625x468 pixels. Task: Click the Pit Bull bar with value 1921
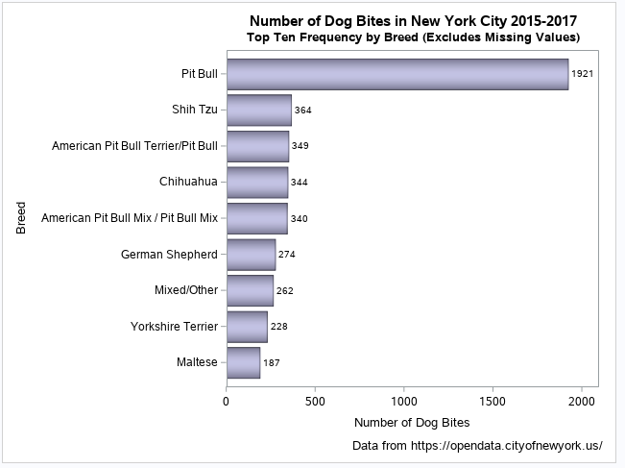[397, 74]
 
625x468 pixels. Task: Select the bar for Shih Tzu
[258, 111]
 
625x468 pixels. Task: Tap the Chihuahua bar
[256, 182]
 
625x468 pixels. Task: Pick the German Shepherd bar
[251, 255]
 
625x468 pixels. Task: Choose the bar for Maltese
[243, 363]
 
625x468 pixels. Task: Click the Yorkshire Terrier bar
[247, 327]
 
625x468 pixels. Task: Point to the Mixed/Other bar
[250, 290]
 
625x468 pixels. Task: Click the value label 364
[303, 111]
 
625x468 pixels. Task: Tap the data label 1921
[583, 74]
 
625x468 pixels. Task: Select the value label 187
[272, 363]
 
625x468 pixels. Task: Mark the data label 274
[287, 255]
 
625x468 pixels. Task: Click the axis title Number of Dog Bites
[412, 422]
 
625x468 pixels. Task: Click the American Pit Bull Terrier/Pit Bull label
[134, 146]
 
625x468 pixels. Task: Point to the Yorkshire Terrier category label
[174, 327]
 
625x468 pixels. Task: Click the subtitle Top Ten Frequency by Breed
[413, 37]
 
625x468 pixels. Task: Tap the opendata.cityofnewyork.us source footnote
[477, 446]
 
